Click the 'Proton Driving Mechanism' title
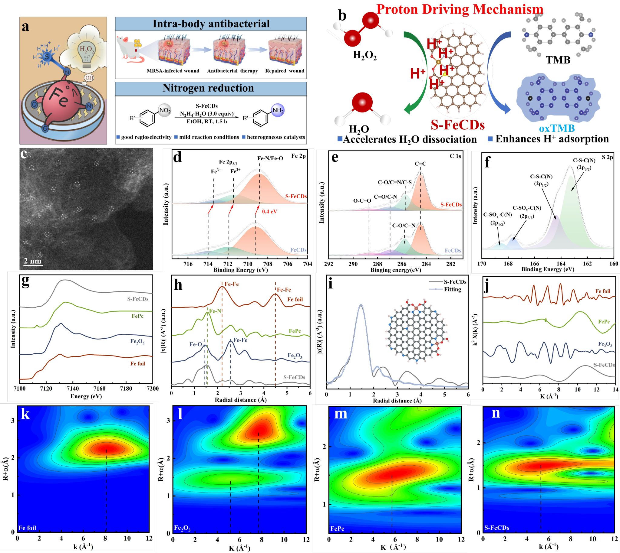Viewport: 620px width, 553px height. pos(459,9)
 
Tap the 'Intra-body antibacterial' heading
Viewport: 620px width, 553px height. pos(211,24)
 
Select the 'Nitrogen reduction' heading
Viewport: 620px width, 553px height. pos(208,88)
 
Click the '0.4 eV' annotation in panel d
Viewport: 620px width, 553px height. pos(269,211)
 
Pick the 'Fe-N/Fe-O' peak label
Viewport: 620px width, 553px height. pos(270,158)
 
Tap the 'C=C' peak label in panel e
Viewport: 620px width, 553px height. pos(420,164)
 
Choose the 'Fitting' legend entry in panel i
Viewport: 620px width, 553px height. pos(452,289)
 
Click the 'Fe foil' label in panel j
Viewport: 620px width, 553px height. pos(603,291)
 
